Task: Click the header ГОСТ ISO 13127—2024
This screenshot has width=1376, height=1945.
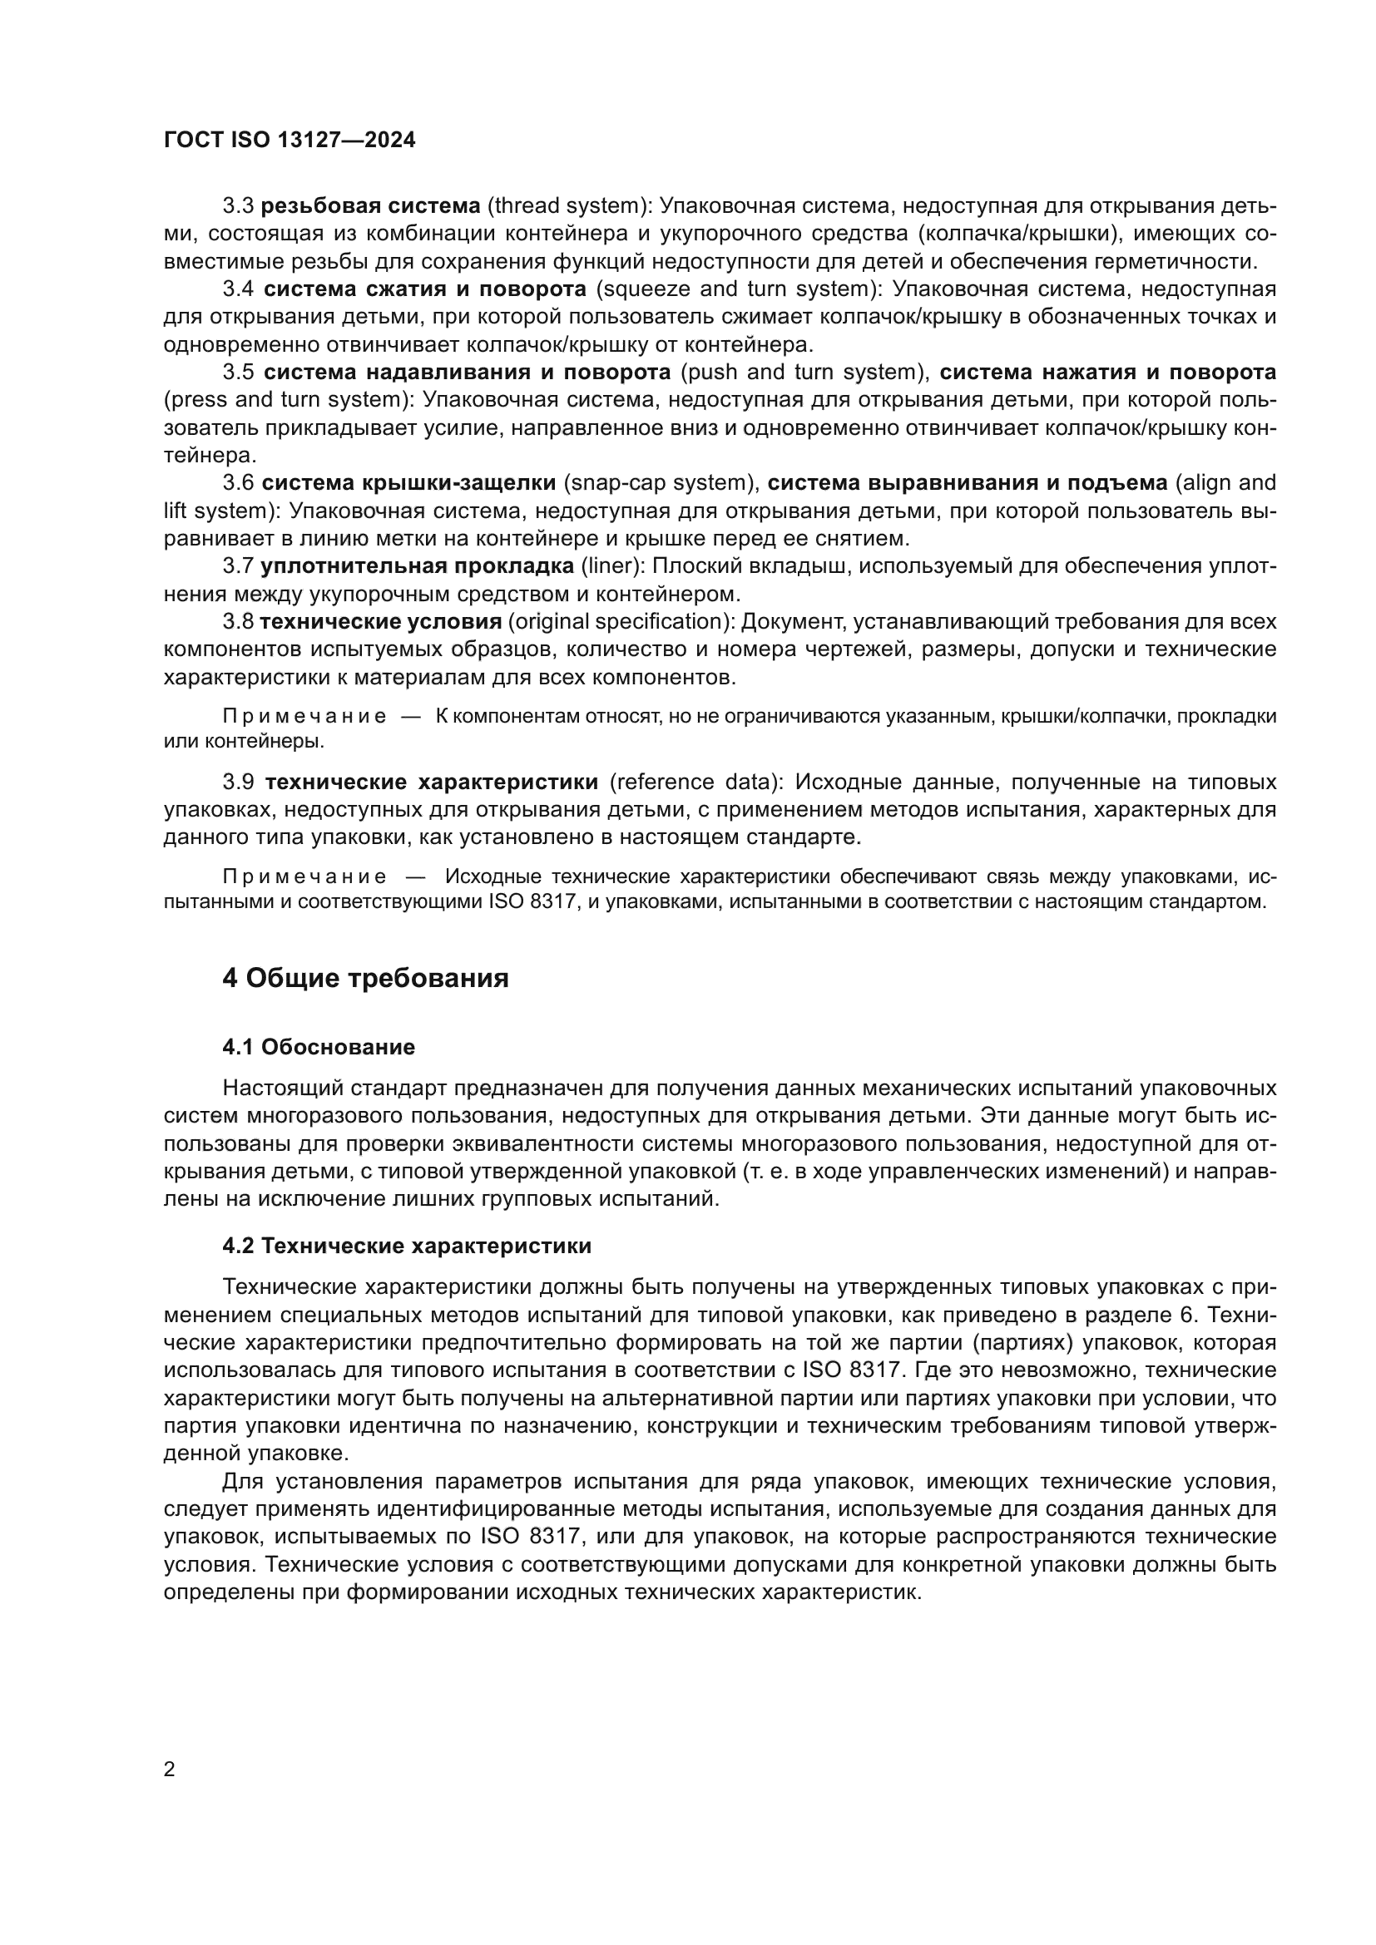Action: [290, 141]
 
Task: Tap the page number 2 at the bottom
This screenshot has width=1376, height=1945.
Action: [170, 1769]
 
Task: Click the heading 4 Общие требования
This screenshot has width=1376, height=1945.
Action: [365, 979]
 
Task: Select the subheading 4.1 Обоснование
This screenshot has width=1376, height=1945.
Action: [319, 1047]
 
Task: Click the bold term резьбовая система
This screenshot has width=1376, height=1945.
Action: [370, 206]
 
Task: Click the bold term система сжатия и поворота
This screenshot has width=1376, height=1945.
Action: [424, 289]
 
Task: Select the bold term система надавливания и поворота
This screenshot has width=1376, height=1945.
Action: [467, 372]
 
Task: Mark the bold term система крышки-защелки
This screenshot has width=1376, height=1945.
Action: [408, 483]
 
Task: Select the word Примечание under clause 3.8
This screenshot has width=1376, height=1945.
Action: [304, 717]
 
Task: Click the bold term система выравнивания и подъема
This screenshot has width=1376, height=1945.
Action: [968, 483]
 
